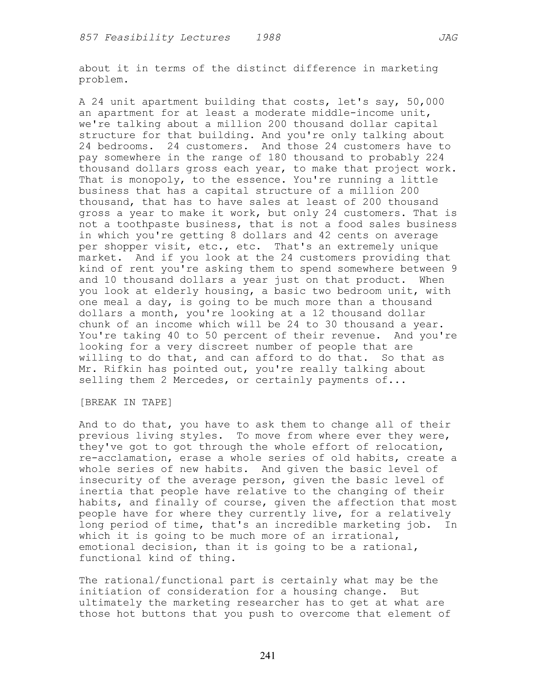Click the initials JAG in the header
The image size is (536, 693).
pos(448,38)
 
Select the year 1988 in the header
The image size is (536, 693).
pos(268,38)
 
